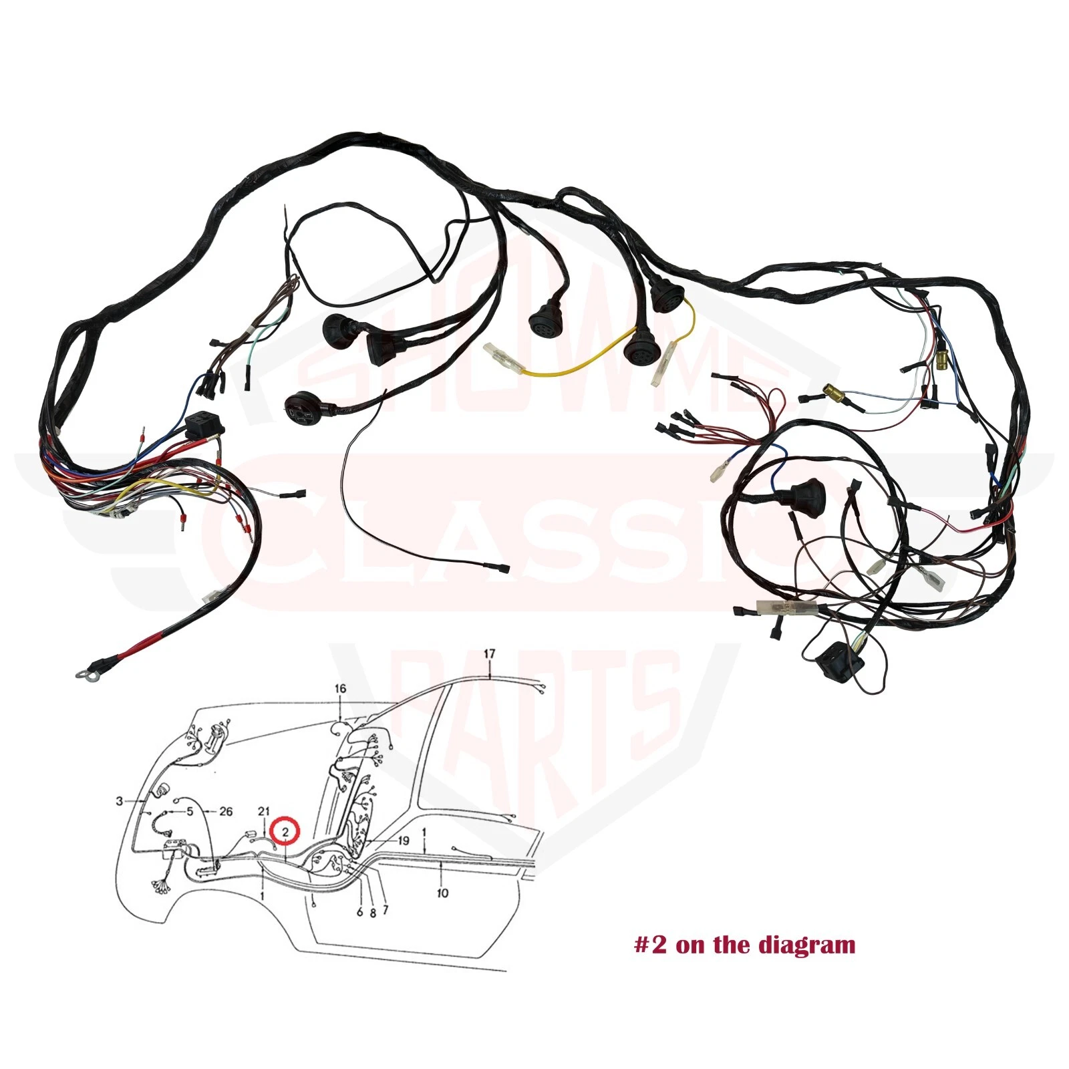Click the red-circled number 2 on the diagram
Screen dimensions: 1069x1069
285,832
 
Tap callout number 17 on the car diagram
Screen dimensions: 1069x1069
490,653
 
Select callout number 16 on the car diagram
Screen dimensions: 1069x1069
341,689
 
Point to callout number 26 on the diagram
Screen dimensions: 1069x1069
226,811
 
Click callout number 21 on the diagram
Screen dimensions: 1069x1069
264,811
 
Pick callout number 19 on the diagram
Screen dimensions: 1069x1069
403,841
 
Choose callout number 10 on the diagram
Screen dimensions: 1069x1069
442,893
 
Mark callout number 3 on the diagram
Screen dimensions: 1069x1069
120,800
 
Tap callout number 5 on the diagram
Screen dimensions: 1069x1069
190,811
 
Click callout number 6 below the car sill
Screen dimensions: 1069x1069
360,912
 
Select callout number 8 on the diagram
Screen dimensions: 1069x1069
373,912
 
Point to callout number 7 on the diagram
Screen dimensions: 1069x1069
386,909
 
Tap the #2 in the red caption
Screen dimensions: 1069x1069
650,945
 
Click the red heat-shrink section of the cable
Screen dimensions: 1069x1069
140,645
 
